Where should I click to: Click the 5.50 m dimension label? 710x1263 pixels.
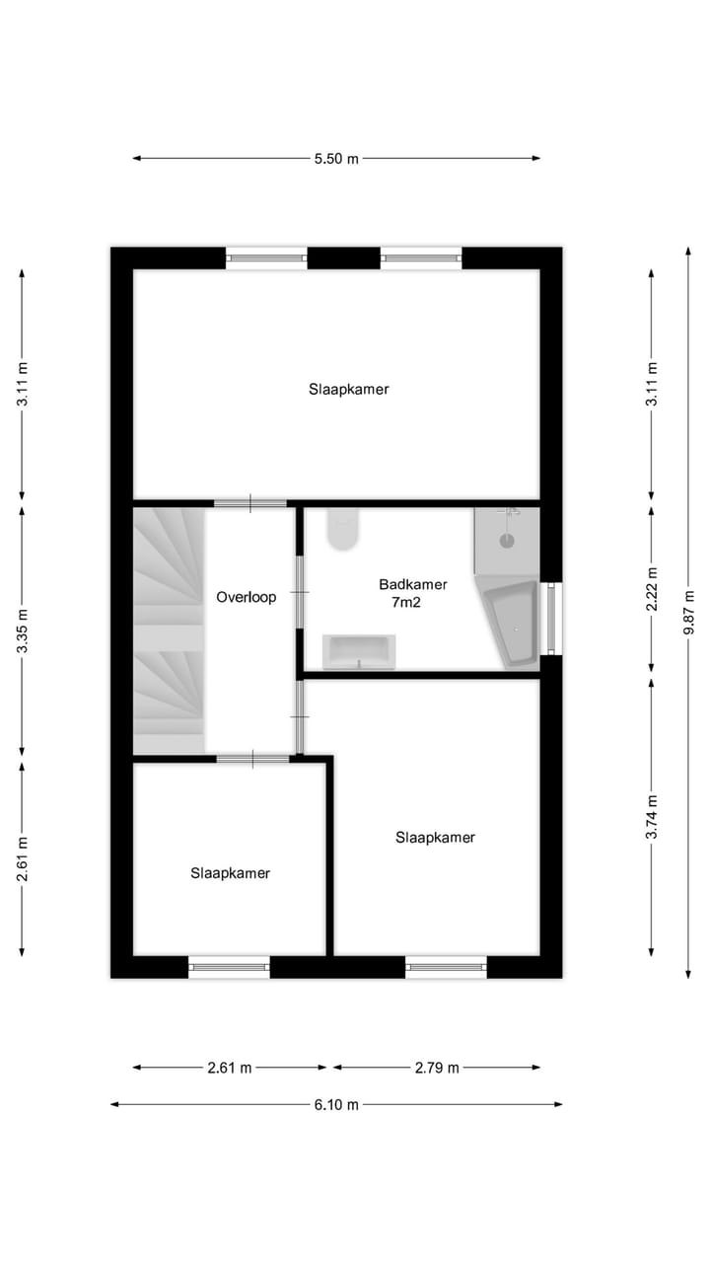pos(336,158)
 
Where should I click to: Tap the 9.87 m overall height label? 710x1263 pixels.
pos(688,615)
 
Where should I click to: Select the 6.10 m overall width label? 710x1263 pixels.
pos(336,1104)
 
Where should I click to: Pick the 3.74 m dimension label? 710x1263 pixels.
pos(651,818)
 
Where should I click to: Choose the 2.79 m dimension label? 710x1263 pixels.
pos(437,1067)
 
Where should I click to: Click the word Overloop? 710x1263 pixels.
pos(247,597)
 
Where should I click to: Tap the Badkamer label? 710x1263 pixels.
pos(412,584)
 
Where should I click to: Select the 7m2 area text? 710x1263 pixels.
pos(405,602)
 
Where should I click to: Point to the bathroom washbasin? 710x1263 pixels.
pos(359,651)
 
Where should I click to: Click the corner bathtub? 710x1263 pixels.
pos(511,624)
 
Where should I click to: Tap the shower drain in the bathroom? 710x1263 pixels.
pos(507,540)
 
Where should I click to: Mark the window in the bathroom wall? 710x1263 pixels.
pos(552,619)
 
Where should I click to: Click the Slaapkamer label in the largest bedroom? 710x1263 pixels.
pos(348,389)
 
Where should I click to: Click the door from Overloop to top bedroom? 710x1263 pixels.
pos(250,503)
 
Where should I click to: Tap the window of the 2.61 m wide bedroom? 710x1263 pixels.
pos(229,967)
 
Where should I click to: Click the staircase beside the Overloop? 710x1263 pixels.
pos(168,631)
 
